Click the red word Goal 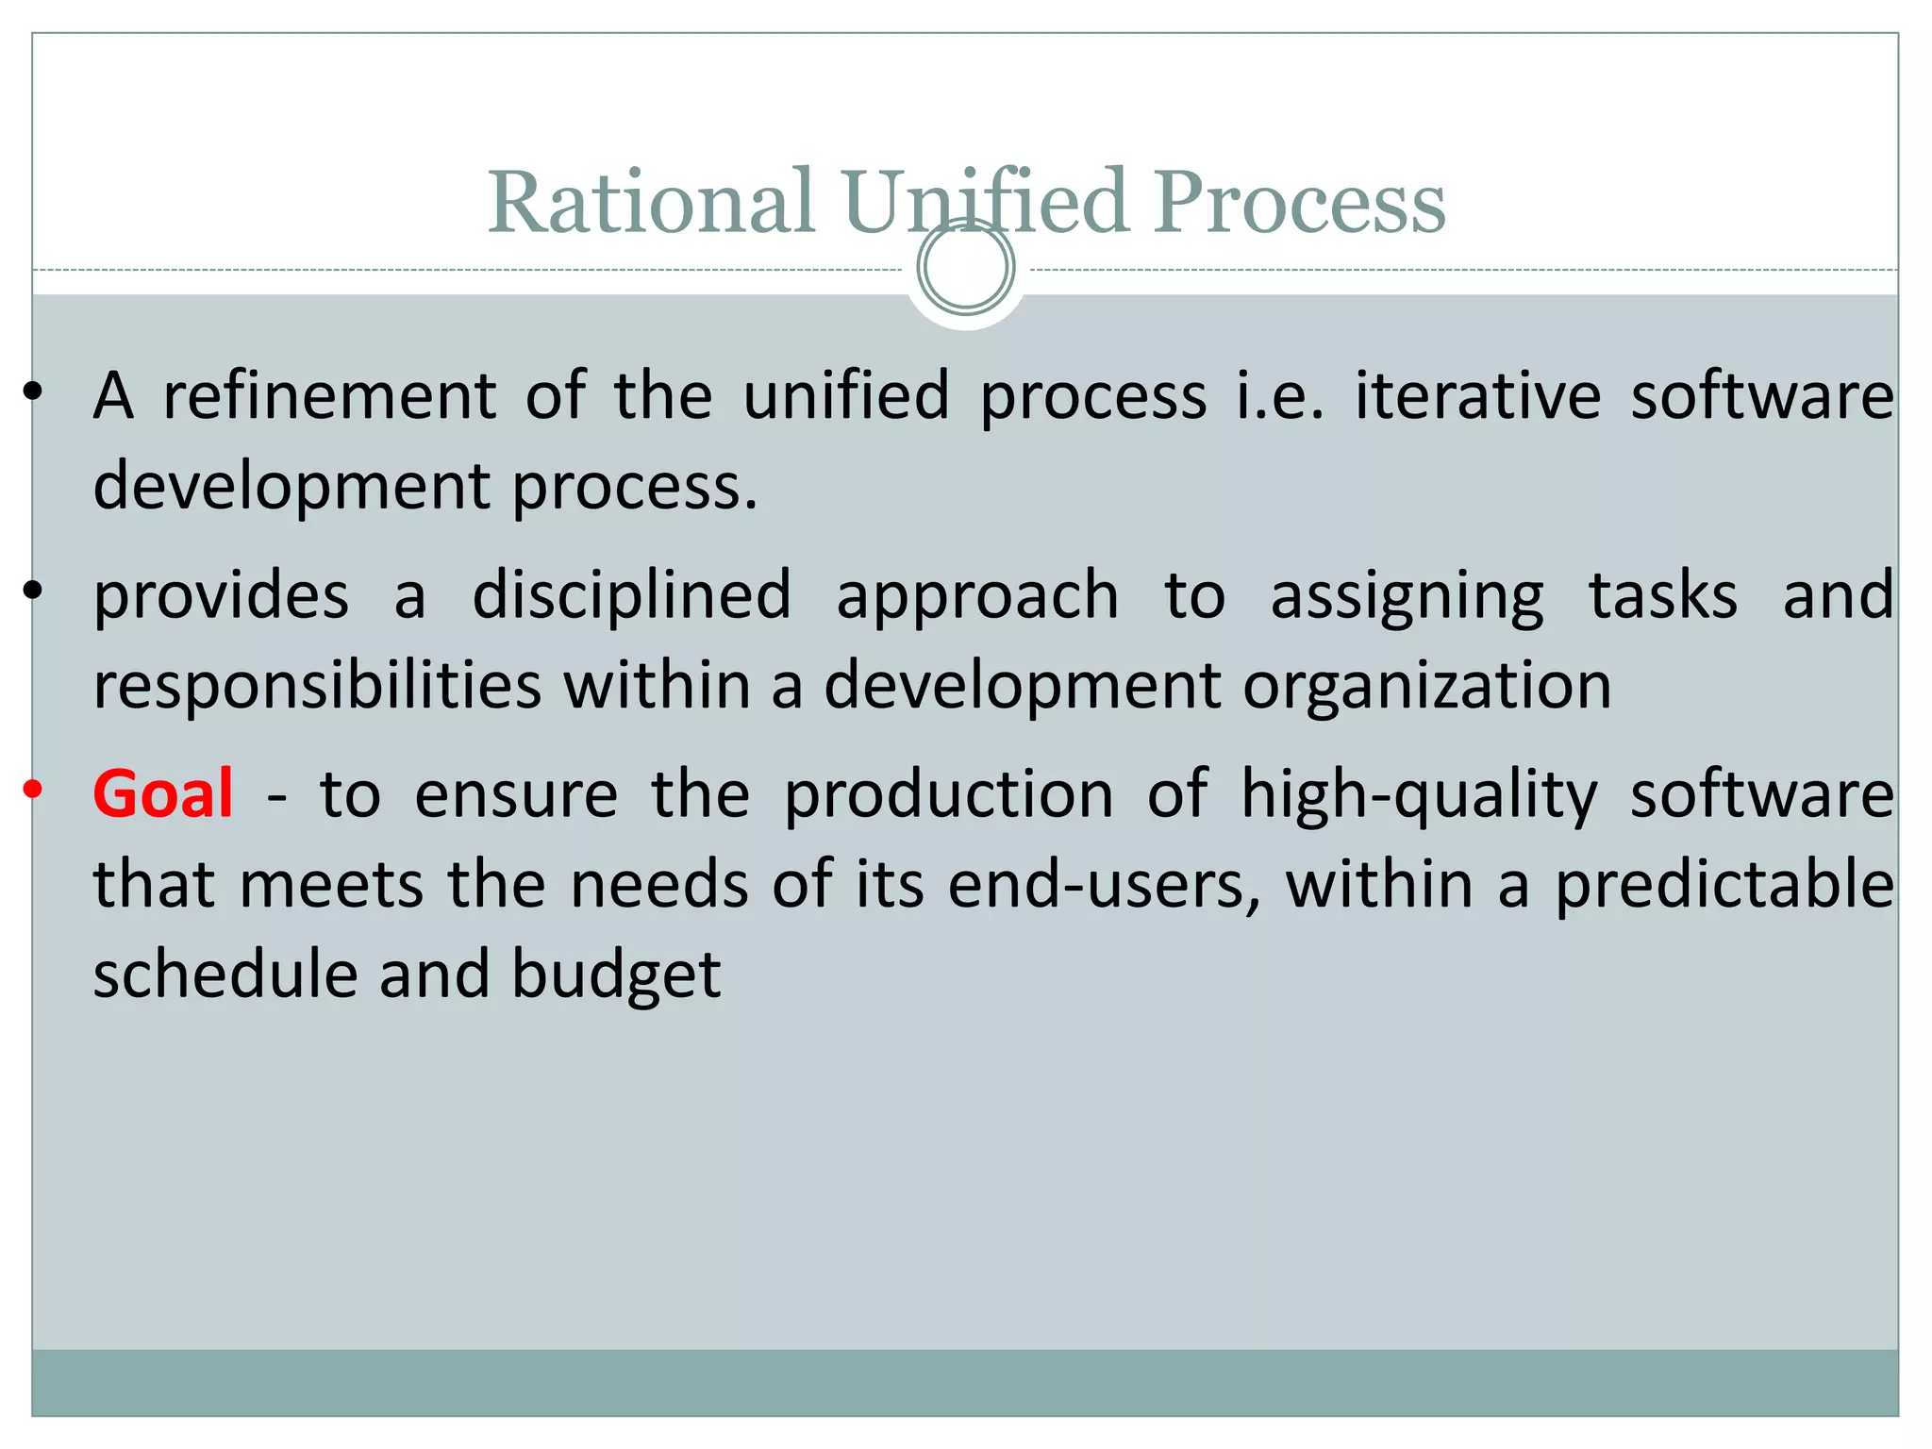[x=163, y=793]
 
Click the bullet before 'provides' [x=33, y=591]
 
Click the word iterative [x=1478, y=395]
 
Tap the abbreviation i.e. [x=1280, y=395]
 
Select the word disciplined [x=631, y=595]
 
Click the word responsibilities [x=318, y=686]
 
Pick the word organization [x=1426, y=686]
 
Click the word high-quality [x=1418, y=795]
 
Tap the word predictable [x=1724, y=886]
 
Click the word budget [x=616, y=976]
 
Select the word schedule [x=225, y=974]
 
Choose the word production [x=949, y=795]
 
